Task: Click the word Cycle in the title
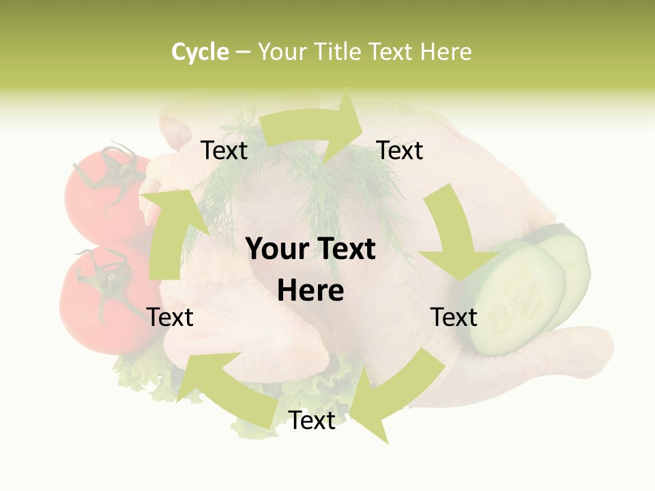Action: click(x=200, y=52)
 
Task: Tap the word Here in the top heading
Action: click(x=446, y=52)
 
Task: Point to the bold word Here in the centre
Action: click(x=310, y=291)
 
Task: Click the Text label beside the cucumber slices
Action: click(x=454, y=317)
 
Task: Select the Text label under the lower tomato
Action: click(x=170, y=317)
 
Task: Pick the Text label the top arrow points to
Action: click(x=400, y=150)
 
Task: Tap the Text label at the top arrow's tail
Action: click(x=224, y=150)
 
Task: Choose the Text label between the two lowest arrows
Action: click(x=312, y=421)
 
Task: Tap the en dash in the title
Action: click(x=244, y=53)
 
